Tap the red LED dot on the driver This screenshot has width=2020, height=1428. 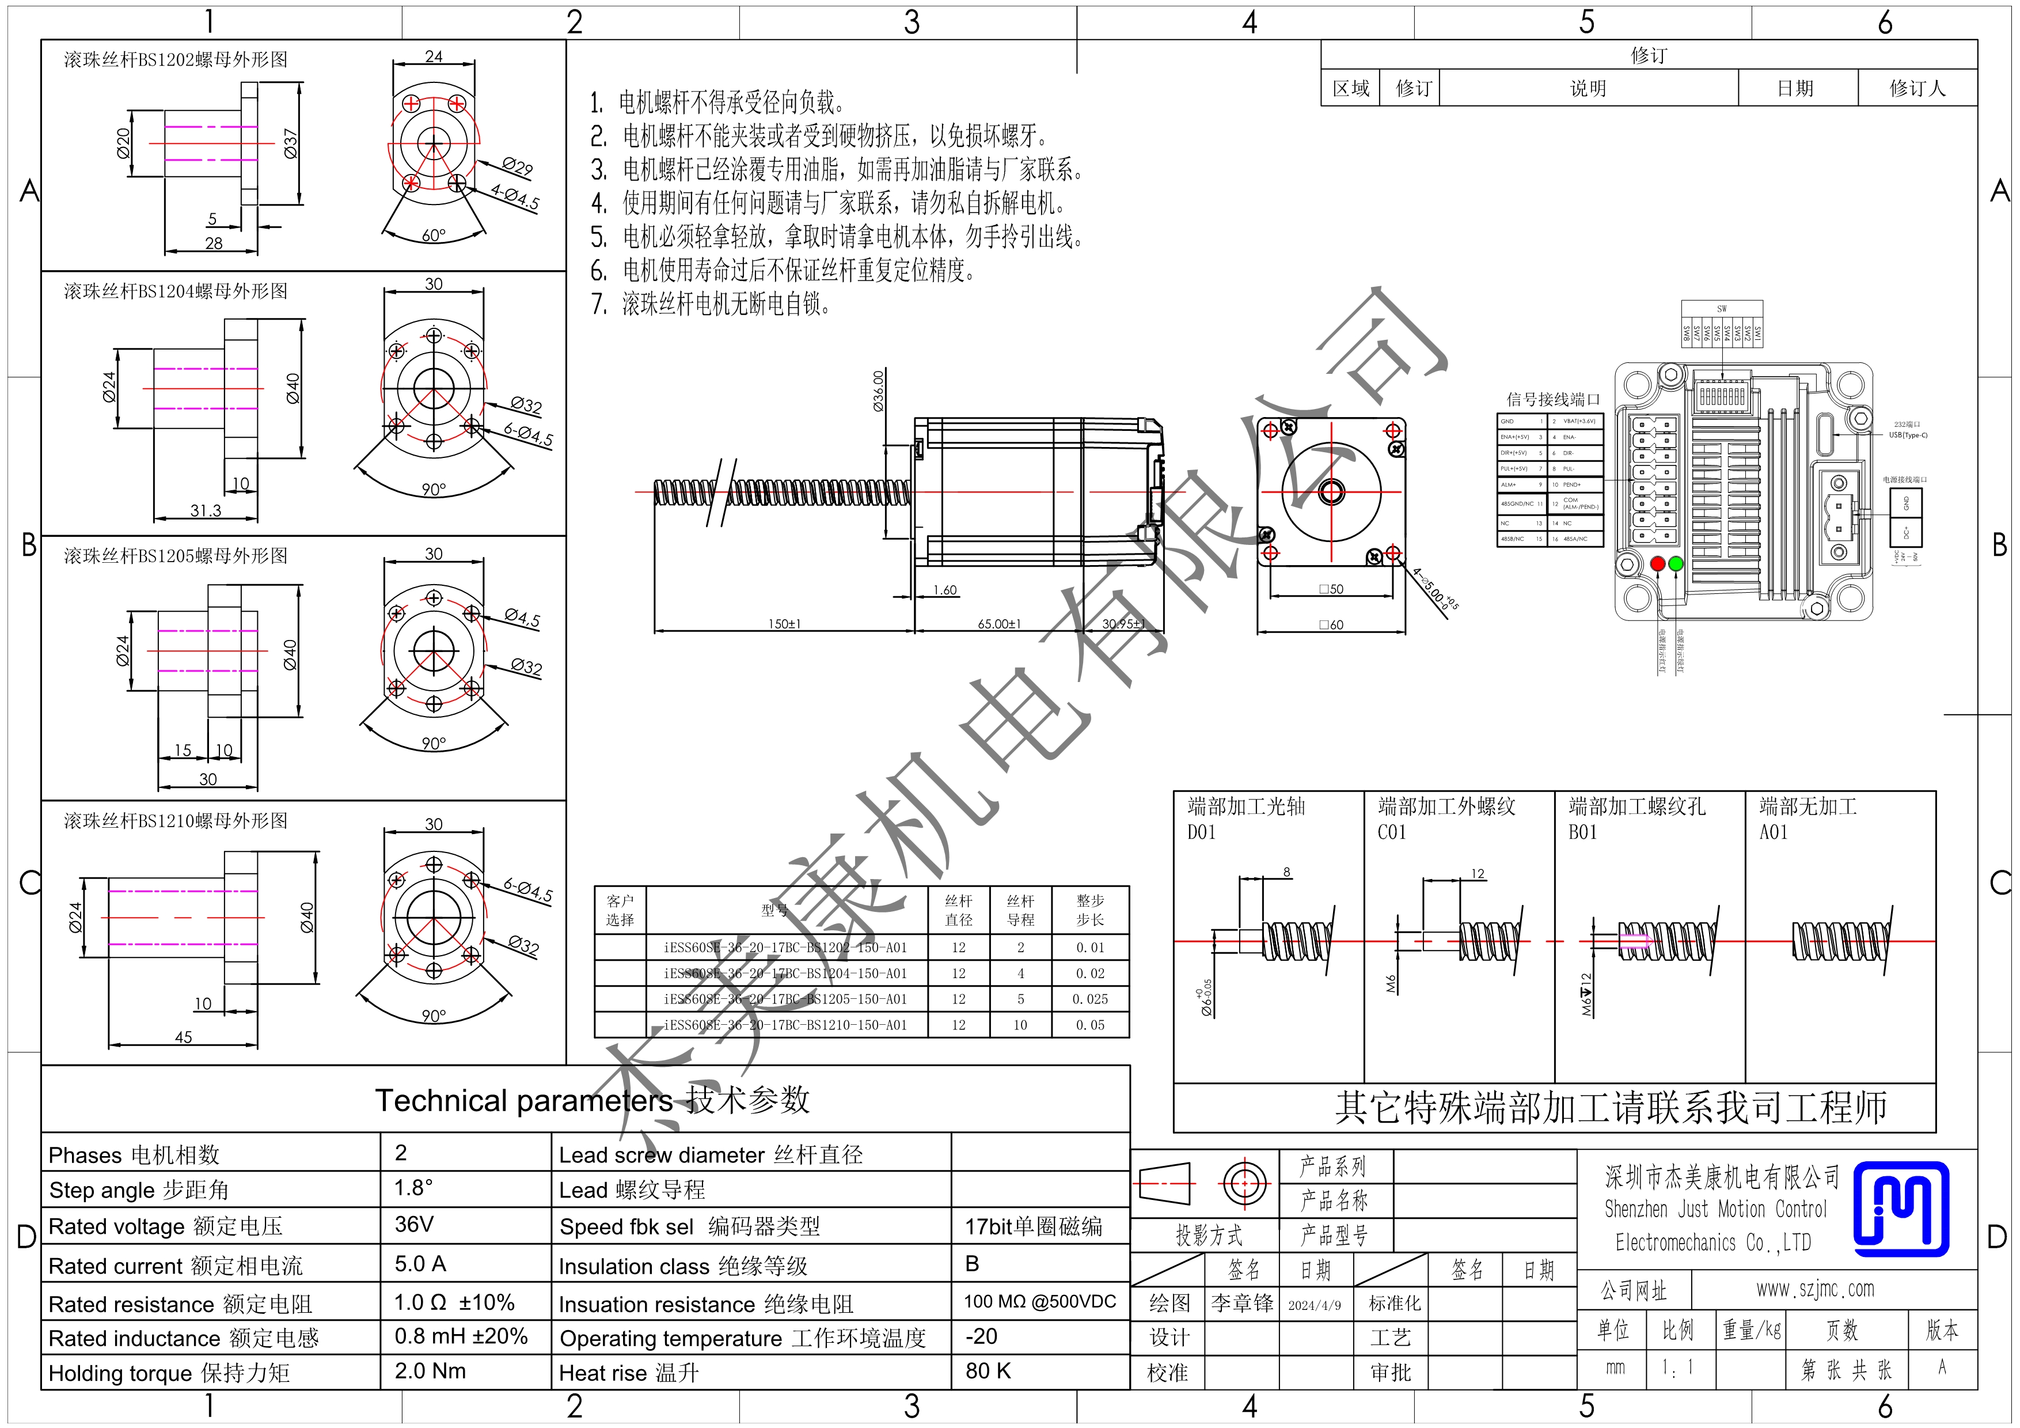click(x=1658, y=563)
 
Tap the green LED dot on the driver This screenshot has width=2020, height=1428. click(x=1675, y=563)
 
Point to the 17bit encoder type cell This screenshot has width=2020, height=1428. click(x=1033, y=1226)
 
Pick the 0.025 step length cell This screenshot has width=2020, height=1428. click(x=1090, y=999)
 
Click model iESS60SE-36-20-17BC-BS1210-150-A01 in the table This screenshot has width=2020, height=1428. click(x=785, y=1025)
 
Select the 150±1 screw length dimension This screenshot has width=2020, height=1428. click(x=784, y=624)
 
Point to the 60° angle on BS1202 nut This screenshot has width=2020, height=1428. click(x=434, y=236)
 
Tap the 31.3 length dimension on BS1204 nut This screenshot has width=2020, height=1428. click(x=206, y=510)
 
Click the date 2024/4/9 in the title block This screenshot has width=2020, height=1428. click(x=1315, y=1305)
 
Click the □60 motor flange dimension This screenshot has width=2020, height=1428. click(x=1331, y=624)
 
